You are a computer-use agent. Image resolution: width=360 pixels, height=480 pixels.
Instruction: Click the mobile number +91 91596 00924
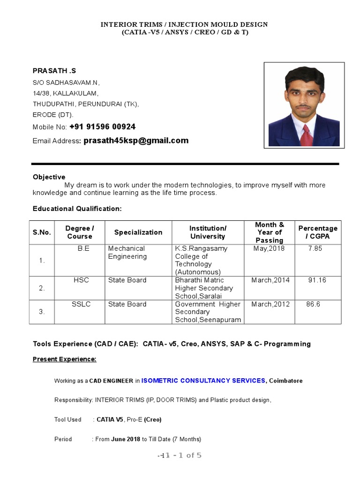[x=102, y=127]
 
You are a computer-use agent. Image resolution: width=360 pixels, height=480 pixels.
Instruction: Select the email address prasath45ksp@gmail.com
[x=136, y=140]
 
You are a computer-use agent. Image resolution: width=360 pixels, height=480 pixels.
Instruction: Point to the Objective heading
[x=49, y=177]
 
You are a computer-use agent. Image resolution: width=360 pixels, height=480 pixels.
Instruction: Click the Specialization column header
[x=138, y=232]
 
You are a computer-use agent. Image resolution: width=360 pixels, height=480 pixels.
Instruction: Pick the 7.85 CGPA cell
[x=315, y=248]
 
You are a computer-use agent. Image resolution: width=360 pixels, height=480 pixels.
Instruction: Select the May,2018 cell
[x=269, y=248]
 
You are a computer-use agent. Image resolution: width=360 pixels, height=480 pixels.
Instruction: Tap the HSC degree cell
[x=81, y=280]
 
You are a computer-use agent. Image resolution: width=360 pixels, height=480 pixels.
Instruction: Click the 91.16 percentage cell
[x=317, y=280]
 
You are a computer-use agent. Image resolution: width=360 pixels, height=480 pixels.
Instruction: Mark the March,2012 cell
[x=270, y=304]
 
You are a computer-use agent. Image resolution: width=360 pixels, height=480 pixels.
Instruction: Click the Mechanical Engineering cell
[x=127, y=252]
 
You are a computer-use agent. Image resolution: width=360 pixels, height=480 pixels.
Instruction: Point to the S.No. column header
[x=42, y=232]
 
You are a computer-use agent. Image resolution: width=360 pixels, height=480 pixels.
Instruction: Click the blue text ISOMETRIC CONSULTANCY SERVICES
[x=203, y=381]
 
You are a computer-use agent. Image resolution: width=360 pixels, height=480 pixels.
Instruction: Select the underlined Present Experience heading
[x=64, y=359]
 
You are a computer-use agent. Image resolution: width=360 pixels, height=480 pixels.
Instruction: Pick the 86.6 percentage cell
[x=313, y=304]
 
